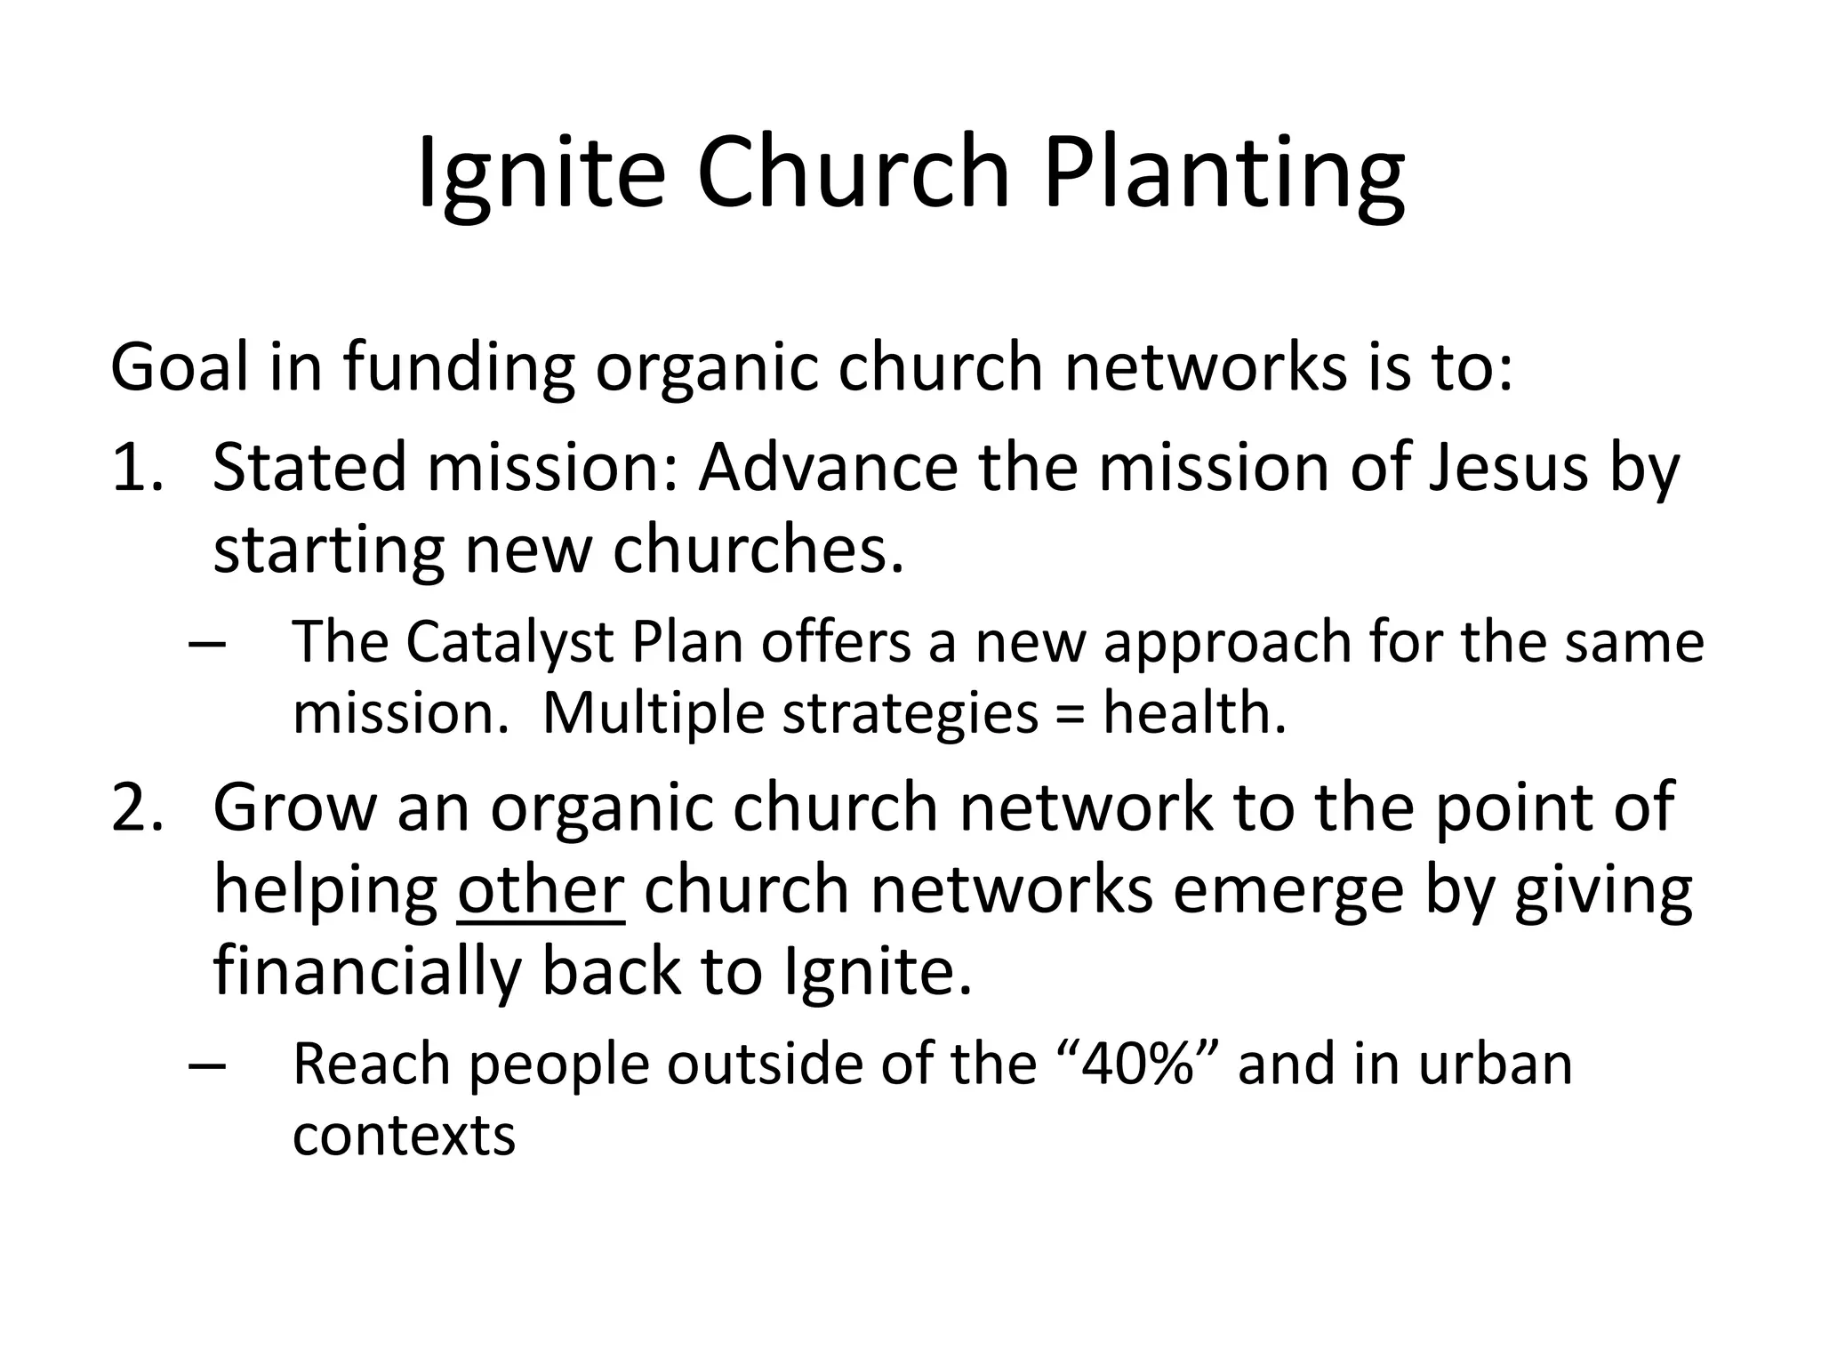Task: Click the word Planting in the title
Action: click(1223, 173)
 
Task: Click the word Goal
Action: click(179, 366)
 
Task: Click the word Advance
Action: click(828, 467)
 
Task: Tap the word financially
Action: click(366, 971)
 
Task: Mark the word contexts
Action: click(404, 1136)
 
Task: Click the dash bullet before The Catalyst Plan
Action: click(207, 643)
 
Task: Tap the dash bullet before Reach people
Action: click(207, 1064)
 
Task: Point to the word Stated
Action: click(309, 467)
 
